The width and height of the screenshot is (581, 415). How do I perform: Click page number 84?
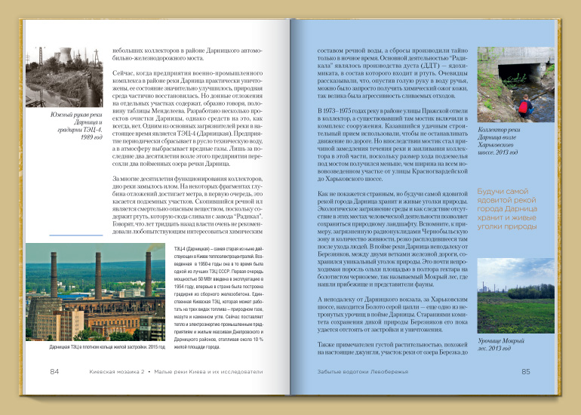54,371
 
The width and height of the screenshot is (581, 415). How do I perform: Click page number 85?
526,371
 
